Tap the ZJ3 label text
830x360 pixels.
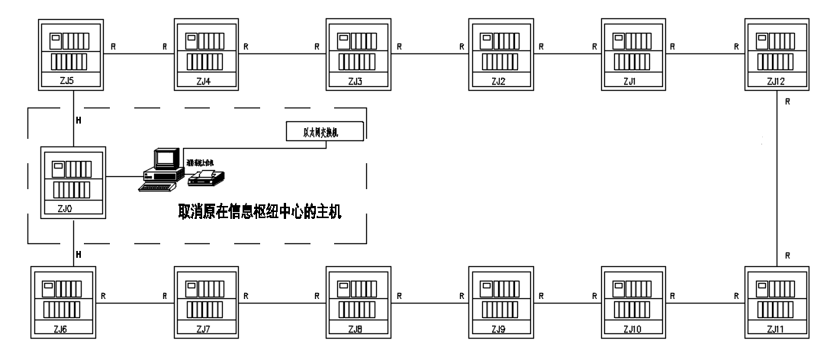click(x=355, y=80)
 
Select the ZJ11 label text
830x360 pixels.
click(x=776, y=329)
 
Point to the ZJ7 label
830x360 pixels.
click(x=202, y=329)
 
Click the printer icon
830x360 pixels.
click(x=206, y=178)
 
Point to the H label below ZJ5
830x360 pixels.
click(x=79, y=120)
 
